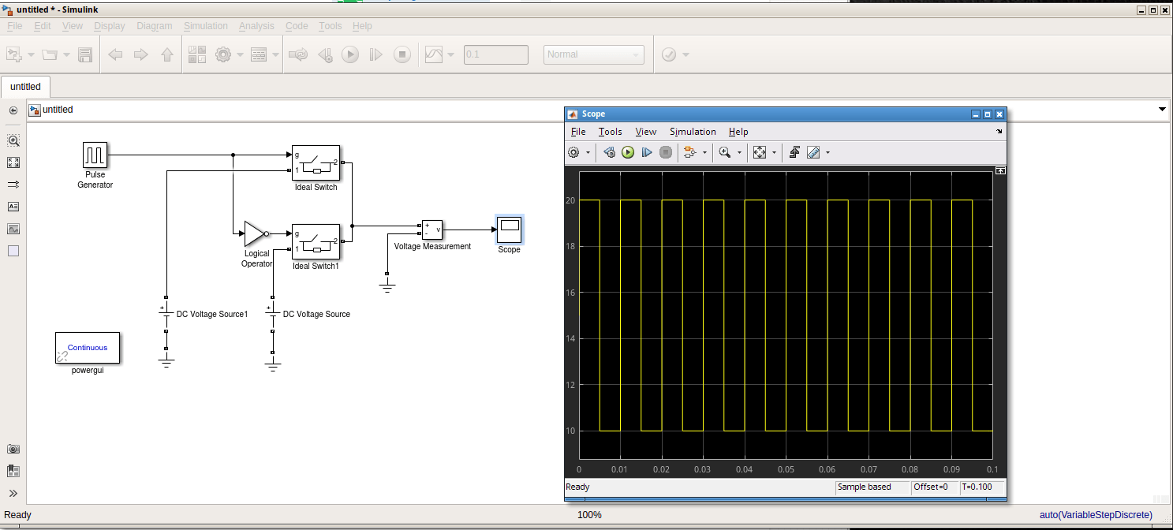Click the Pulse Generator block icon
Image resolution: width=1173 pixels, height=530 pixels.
tap(95, 155)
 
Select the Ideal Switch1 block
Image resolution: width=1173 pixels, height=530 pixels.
tap(316, 241)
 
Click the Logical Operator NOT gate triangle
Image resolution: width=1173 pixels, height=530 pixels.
tap(254, 233)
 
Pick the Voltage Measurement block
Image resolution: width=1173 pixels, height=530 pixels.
tap(431, 230)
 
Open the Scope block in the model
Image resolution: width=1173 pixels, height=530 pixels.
tap(509, 229)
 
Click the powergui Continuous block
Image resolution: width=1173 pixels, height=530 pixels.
tap(87, 347)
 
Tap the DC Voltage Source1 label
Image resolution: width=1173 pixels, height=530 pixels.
tap(212, 314)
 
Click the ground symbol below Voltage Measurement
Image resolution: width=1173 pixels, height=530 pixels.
tap(387, 286)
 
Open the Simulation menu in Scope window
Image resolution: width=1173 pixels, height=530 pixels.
tap(693, 132)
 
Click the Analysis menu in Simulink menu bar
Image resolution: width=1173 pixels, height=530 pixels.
tap(256, 26)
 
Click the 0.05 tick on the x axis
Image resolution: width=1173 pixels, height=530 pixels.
tap(786, 469)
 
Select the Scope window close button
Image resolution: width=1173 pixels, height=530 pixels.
tap(999, 114)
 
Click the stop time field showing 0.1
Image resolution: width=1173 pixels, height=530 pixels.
tap(496, 54)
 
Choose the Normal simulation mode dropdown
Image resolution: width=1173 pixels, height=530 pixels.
tap(593, 54)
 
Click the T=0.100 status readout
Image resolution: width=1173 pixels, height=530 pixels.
tap(981, 487)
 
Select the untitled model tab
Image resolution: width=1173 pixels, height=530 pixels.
tap(26, 87)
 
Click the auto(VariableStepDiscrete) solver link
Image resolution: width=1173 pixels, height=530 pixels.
tap(1096, 515)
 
